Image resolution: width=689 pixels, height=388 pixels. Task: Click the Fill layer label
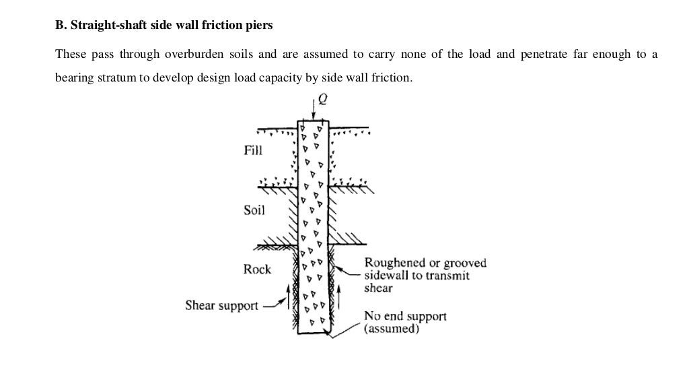(252, 151)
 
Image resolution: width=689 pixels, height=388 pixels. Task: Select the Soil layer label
(254, 210)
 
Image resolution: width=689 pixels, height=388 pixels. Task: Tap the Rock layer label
(256, 269)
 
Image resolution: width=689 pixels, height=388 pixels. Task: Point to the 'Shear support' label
(221, 306)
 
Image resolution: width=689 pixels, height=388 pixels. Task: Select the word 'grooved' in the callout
(463, 263)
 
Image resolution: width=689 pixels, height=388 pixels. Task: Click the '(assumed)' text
(392, 329)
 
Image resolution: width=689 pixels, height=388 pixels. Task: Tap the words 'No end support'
(404, 316)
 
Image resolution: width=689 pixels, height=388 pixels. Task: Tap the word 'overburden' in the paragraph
(183, 55)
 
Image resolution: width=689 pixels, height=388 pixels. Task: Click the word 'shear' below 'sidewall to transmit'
(378, 288)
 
